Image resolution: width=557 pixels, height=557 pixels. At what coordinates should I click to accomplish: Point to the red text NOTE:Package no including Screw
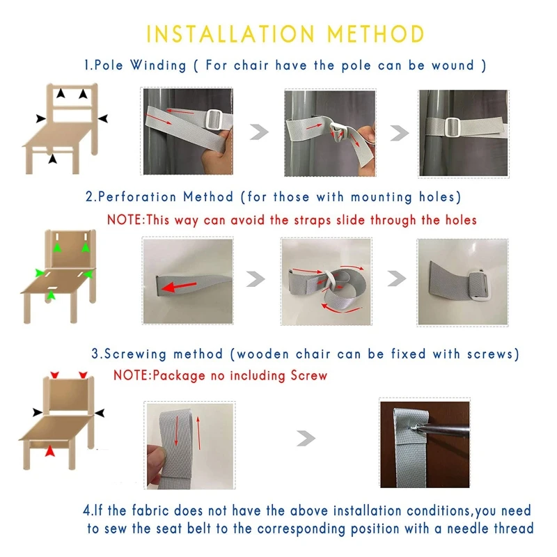click(x=220, y=375)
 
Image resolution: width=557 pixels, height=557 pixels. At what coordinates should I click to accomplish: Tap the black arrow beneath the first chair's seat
click(x=53, y=159)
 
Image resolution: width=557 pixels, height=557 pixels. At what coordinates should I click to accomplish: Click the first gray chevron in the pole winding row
click(x=259, y=132)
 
